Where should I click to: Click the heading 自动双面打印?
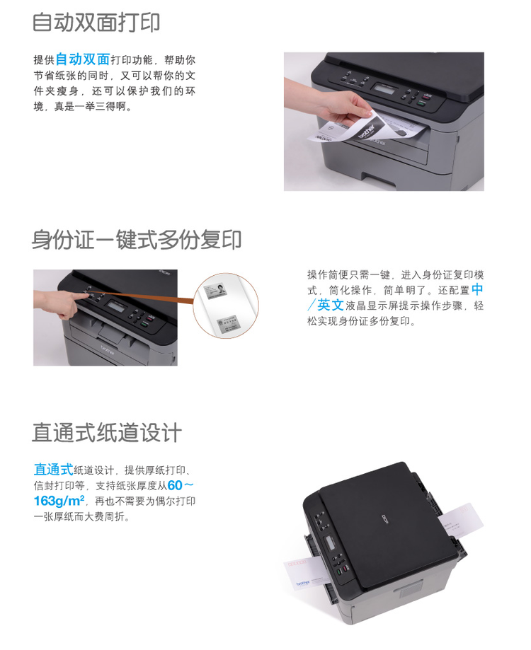(x=96, y=23)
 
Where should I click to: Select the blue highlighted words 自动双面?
(x=83, y=59)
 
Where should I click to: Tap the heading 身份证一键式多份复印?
(x=137, y=240)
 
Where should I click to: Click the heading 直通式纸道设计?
(x=107, y=432)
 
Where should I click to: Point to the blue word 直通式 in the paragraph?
(x=53, y=470)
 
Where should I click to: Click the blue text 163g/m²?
(x=59, y=501)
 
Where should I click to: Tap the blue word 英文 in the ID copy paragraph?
(x=330, y=305)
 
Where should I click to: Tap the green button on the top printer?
(x=420, y=103)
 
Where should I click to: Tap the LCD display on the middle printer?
(x=117, y=307)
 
